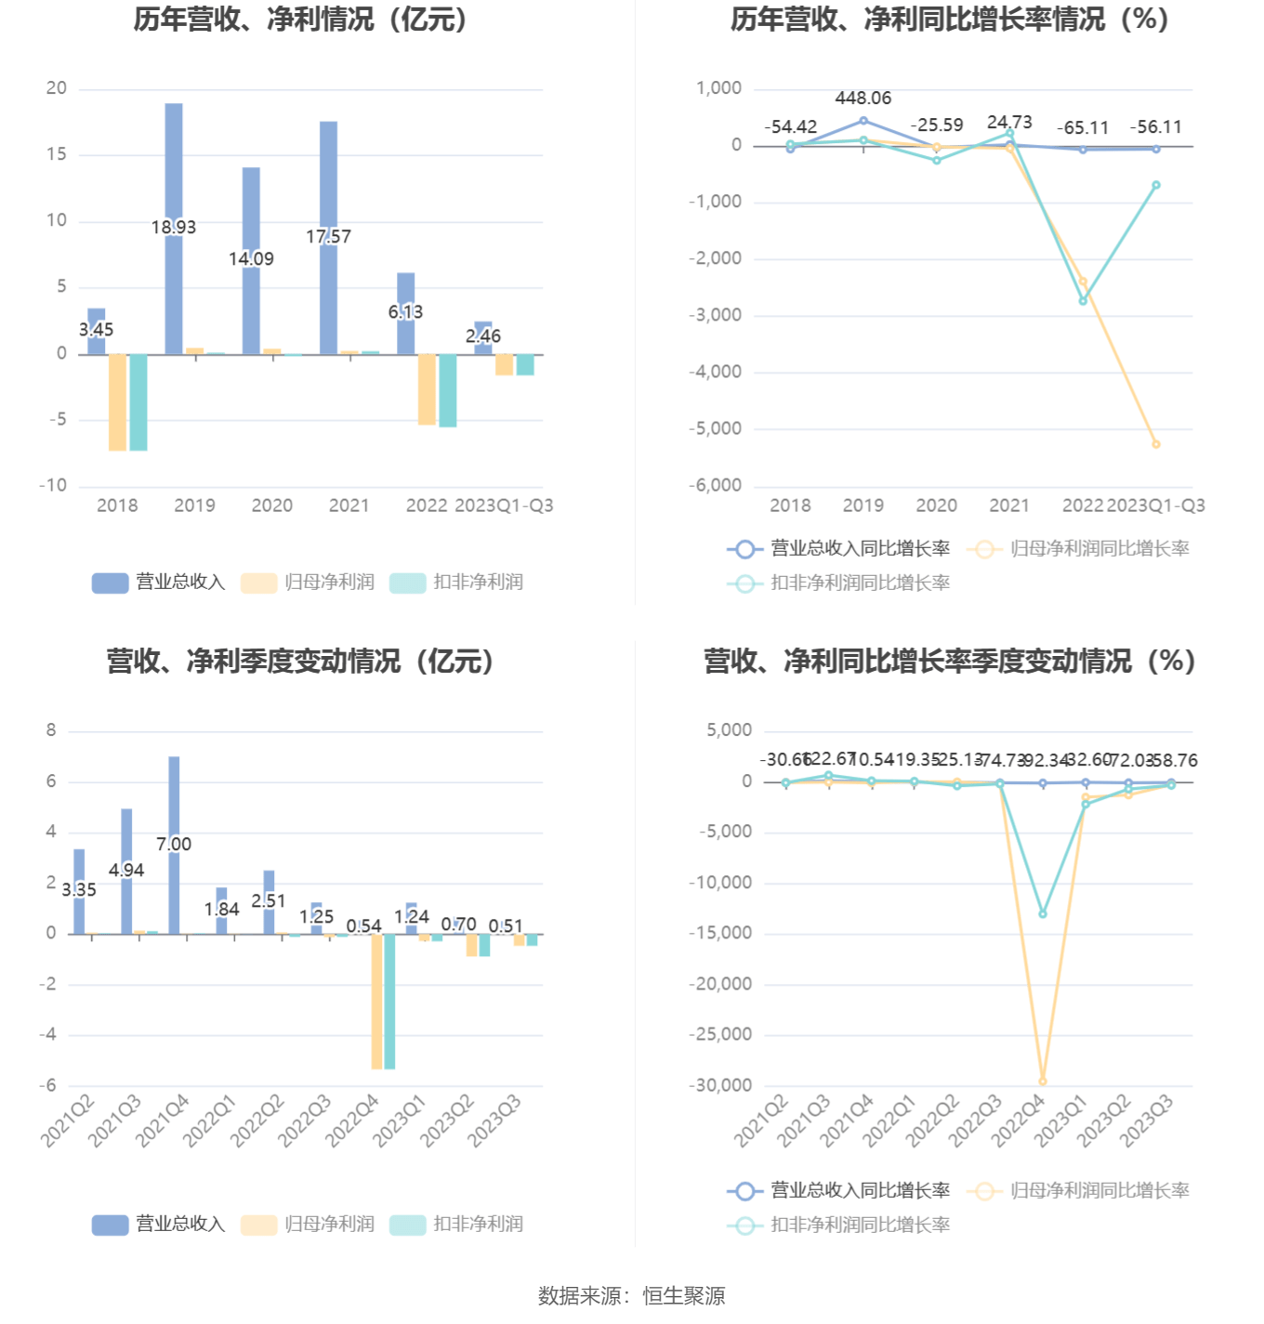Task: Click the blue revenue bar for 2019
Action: tap(174, 167)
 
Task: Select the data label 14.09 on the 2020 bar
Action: tap(251, 259)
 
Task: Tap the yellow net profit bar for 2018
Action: tap(117, 401)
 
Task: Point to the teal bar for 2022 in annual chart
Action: tap(447, 390)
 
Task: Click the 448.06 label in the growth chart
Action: tap(862, 98)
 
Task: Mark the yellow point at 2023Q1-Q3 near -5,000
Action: tap(1156, 444)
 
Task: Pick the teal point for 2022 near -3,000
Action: tap(1083, 301)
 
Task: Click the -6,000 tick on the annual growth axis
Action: tap(715, 485)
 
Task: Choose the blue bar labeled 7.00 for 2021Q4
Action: tap(174, 799)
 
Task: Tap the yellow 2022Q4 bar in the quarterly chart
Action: tap(376, 1001)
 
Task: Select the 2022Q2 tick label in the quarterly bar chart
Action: tap(257, 1120)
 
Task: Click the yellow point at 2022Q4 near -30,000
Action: tap(1043, 1081)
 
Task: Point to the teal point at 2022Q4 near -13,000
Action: tap(1043, 914)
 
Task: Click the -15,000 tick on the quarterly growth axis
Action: tap(720, 933)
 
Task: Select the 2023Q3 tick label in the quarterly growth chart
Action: tap(1146, 1120)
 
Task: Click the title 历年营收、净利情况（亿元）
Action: tap(299, 20)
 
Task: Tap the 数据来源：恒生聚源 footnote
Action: tap(631, 1295)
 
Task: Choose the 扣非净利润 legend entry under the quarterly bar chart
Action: tap(456, 1224)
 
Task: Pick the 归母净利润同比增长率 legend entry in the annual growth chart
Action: tap(1079, 548)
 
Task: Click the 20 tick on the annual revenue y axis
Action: tap(57, 88)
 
